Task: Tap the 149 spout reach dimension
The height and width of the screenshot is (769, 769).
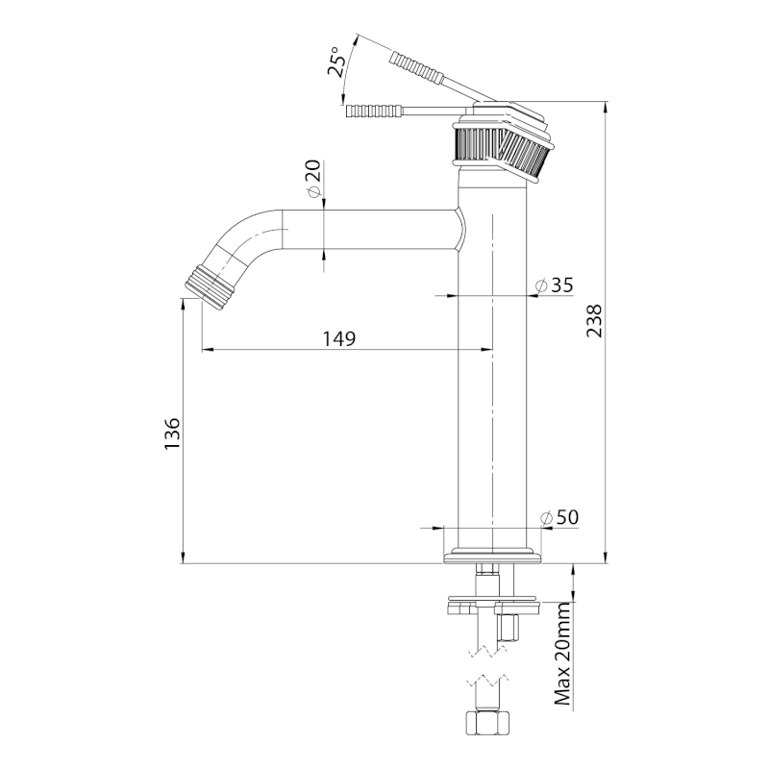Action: [x=339, y=338]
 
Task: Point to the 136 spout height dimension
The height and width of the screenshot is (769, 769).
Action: [x=170, y=434]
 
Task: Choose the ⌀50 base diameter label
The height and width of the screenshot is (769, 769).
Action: [x=559, y=517]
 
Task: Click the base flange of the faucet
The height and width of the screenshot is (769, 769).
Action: [x=492, y=557]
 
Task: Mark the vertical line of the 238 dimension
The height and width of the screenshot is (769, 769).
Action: [x=606, y=384]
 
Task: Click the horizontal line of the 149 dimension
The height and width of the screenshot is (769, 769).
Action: [x=288, y=350]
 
